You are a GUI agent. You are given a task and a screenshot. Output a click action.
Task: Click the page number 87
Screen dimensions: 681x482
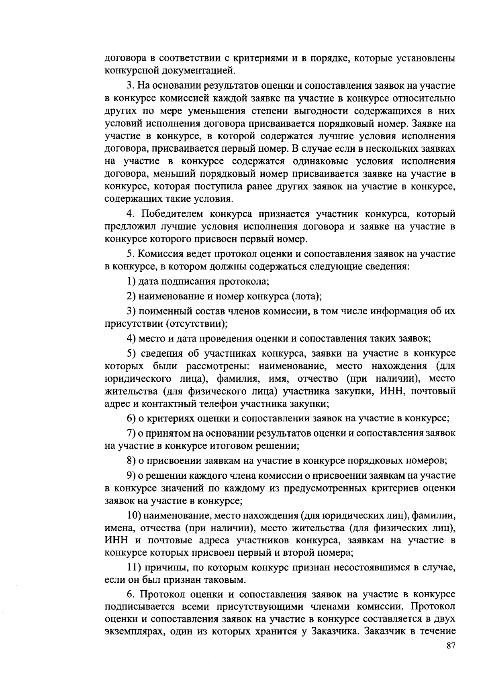(x=450, y=646)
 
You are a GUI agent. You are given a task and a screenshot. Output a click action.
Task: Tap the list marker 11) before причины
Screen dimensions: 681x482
(x=133, y=567)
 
